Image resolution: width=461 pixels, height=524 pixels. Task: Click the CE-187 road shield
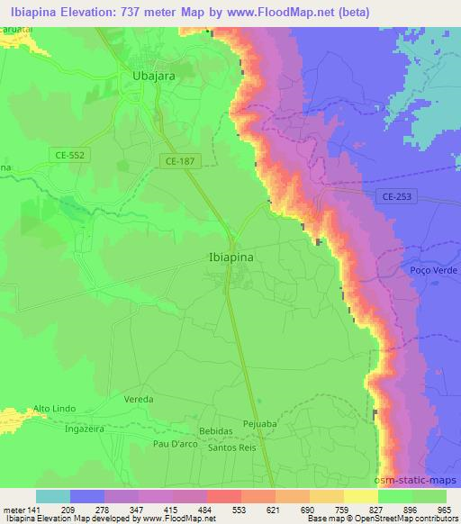tap(181, 160)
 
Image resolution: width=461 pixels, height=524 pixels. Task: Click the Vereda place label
tap(138, 398)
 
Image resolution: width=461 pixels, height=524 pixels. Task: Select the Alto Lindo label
tap(53, 410)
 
